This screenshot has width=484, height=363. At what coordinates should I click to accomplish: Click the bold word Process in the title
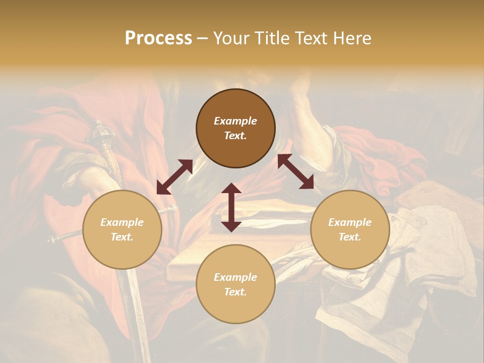158,38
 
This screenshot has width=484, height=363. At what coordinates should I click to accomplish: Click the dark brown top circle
235,128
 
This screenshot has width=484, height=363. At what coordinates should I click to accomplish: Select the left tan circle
122,229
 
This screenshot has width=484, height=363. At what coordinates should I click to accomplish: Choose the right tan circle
349,229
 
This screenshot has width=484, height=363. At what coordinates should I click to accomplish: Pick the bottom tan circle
235,284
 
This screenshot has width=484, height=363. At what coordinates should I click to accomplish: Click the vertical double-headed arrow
231,207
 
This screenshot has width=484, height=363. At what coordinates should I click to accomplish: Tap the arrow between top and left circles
174,177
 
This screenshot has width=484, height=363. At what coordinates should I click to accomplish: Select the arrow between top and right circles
295,171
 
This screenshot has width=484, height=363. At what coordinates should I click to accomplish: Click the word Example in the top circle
235,121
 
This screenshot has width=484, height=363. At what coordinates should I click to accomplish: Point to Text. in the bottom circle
235,292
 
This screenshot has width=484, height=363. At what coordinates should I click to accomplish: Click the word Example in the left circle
122,222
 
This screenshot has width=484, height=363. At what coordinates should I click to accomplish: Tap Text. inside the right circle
349,237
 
